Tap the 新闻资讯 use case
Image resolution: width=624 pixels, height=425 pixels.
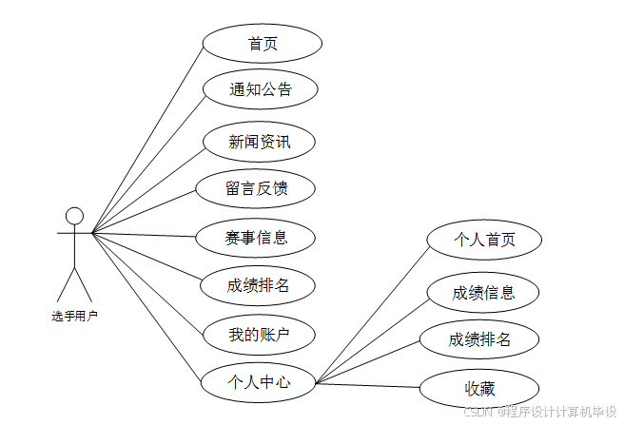click(259, 143)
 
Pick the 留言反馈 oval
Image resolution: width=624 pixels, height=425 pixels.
click(256, 188)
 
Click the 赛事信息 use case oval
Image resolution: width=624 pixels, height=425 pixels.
click(257, 236)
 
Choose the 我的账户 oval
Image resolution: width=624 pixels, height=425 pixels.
click(259, 334)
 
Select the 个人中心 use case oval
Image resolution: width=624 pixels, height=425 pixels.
click(259, 383)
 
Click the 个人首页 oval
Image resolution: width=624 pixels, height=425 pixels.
click(484, 240)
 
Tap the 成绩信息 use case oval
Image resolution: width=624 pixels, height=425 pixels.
click(483, 292)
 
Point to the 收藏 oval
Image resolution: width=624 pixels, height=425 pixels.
click(480, 388)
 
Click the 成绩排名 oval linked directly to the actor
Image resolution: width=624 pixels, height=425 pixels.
click(258, 284)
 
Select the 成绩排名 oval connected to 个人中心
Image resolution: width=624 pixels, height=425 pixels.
click(480, 338)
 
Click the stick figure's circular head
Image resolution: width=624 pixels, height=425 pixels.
click(74, 216)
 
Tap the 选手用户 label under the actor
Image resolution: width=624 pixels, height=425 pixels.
click(74, 315)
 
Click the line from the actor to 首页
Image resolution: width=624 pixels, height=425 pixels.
click(147, 138)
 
